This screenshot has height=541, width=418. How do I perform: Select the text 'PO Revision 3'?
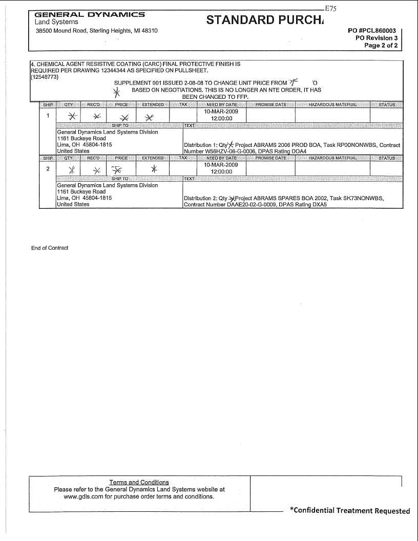(377, 38)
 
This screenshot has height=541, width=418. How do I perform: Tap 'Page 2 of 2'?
(381, 46)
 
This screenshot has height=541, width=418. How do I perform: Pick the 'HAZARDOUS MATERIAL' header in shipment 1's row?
(332, 105)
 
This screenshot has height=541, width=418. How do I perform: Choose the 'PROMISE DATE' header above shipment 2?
(270, 158)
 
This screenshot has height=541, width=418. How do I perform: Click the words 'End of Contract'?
(50, 248)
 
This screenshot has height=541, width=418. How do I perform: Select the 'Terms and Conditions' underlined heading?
(139, 482)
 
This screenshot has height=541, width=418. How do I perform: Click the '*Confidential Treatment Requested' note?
(350, 510)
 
